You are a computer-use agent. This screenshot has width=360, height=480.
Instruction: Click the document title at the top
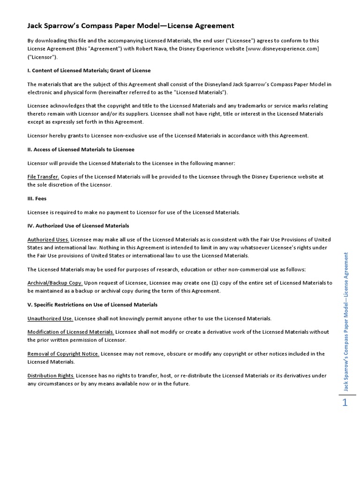click(131, 26)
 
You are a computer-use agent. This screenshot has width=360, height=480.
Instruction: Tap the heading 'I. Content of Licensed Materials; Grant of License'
click(89, 70)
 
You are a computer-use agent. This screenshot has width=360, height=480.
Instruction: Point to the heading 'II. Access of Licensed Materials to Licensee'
click(81, 149)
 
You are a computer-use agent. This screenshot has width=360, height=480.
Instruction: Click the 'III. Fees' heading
click(37, 198)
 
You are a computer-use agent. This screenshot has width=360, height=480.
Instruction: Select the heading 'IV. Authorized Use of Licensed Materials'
click(78, 225)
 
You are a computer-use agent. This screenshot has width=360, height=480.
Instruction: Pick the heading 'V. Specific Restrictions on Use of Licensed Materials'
click(92, 304)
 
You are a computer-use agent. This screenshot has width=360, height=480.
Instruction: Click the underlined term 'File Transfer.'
click(43, 177)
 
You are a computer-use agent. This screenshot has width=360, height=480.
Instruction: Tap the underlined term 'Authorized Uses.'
click(48, 240)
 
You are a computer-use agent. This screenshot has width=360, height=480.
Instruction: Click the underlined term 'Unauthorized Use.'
click(50, 318)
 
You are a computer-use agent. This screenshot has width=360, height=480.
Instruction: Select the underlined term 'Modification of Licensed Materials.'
click(71, 332)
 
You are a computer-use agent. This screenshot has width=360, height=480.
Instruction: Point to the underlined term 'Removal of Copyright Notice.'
click(63, 354)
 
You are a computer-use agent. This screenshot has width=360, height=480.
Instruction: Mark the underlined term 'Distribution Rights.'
click(51, 375)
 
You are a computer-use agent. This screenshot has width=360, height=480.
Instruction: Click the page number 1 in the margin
click(345, 402)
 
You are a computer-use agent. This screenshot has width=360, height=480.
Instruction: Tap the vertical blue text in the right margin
click(346, 321)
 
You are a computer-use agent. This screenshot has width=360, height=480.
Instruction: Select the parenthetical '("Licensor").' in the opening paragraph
click(43, 57)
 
